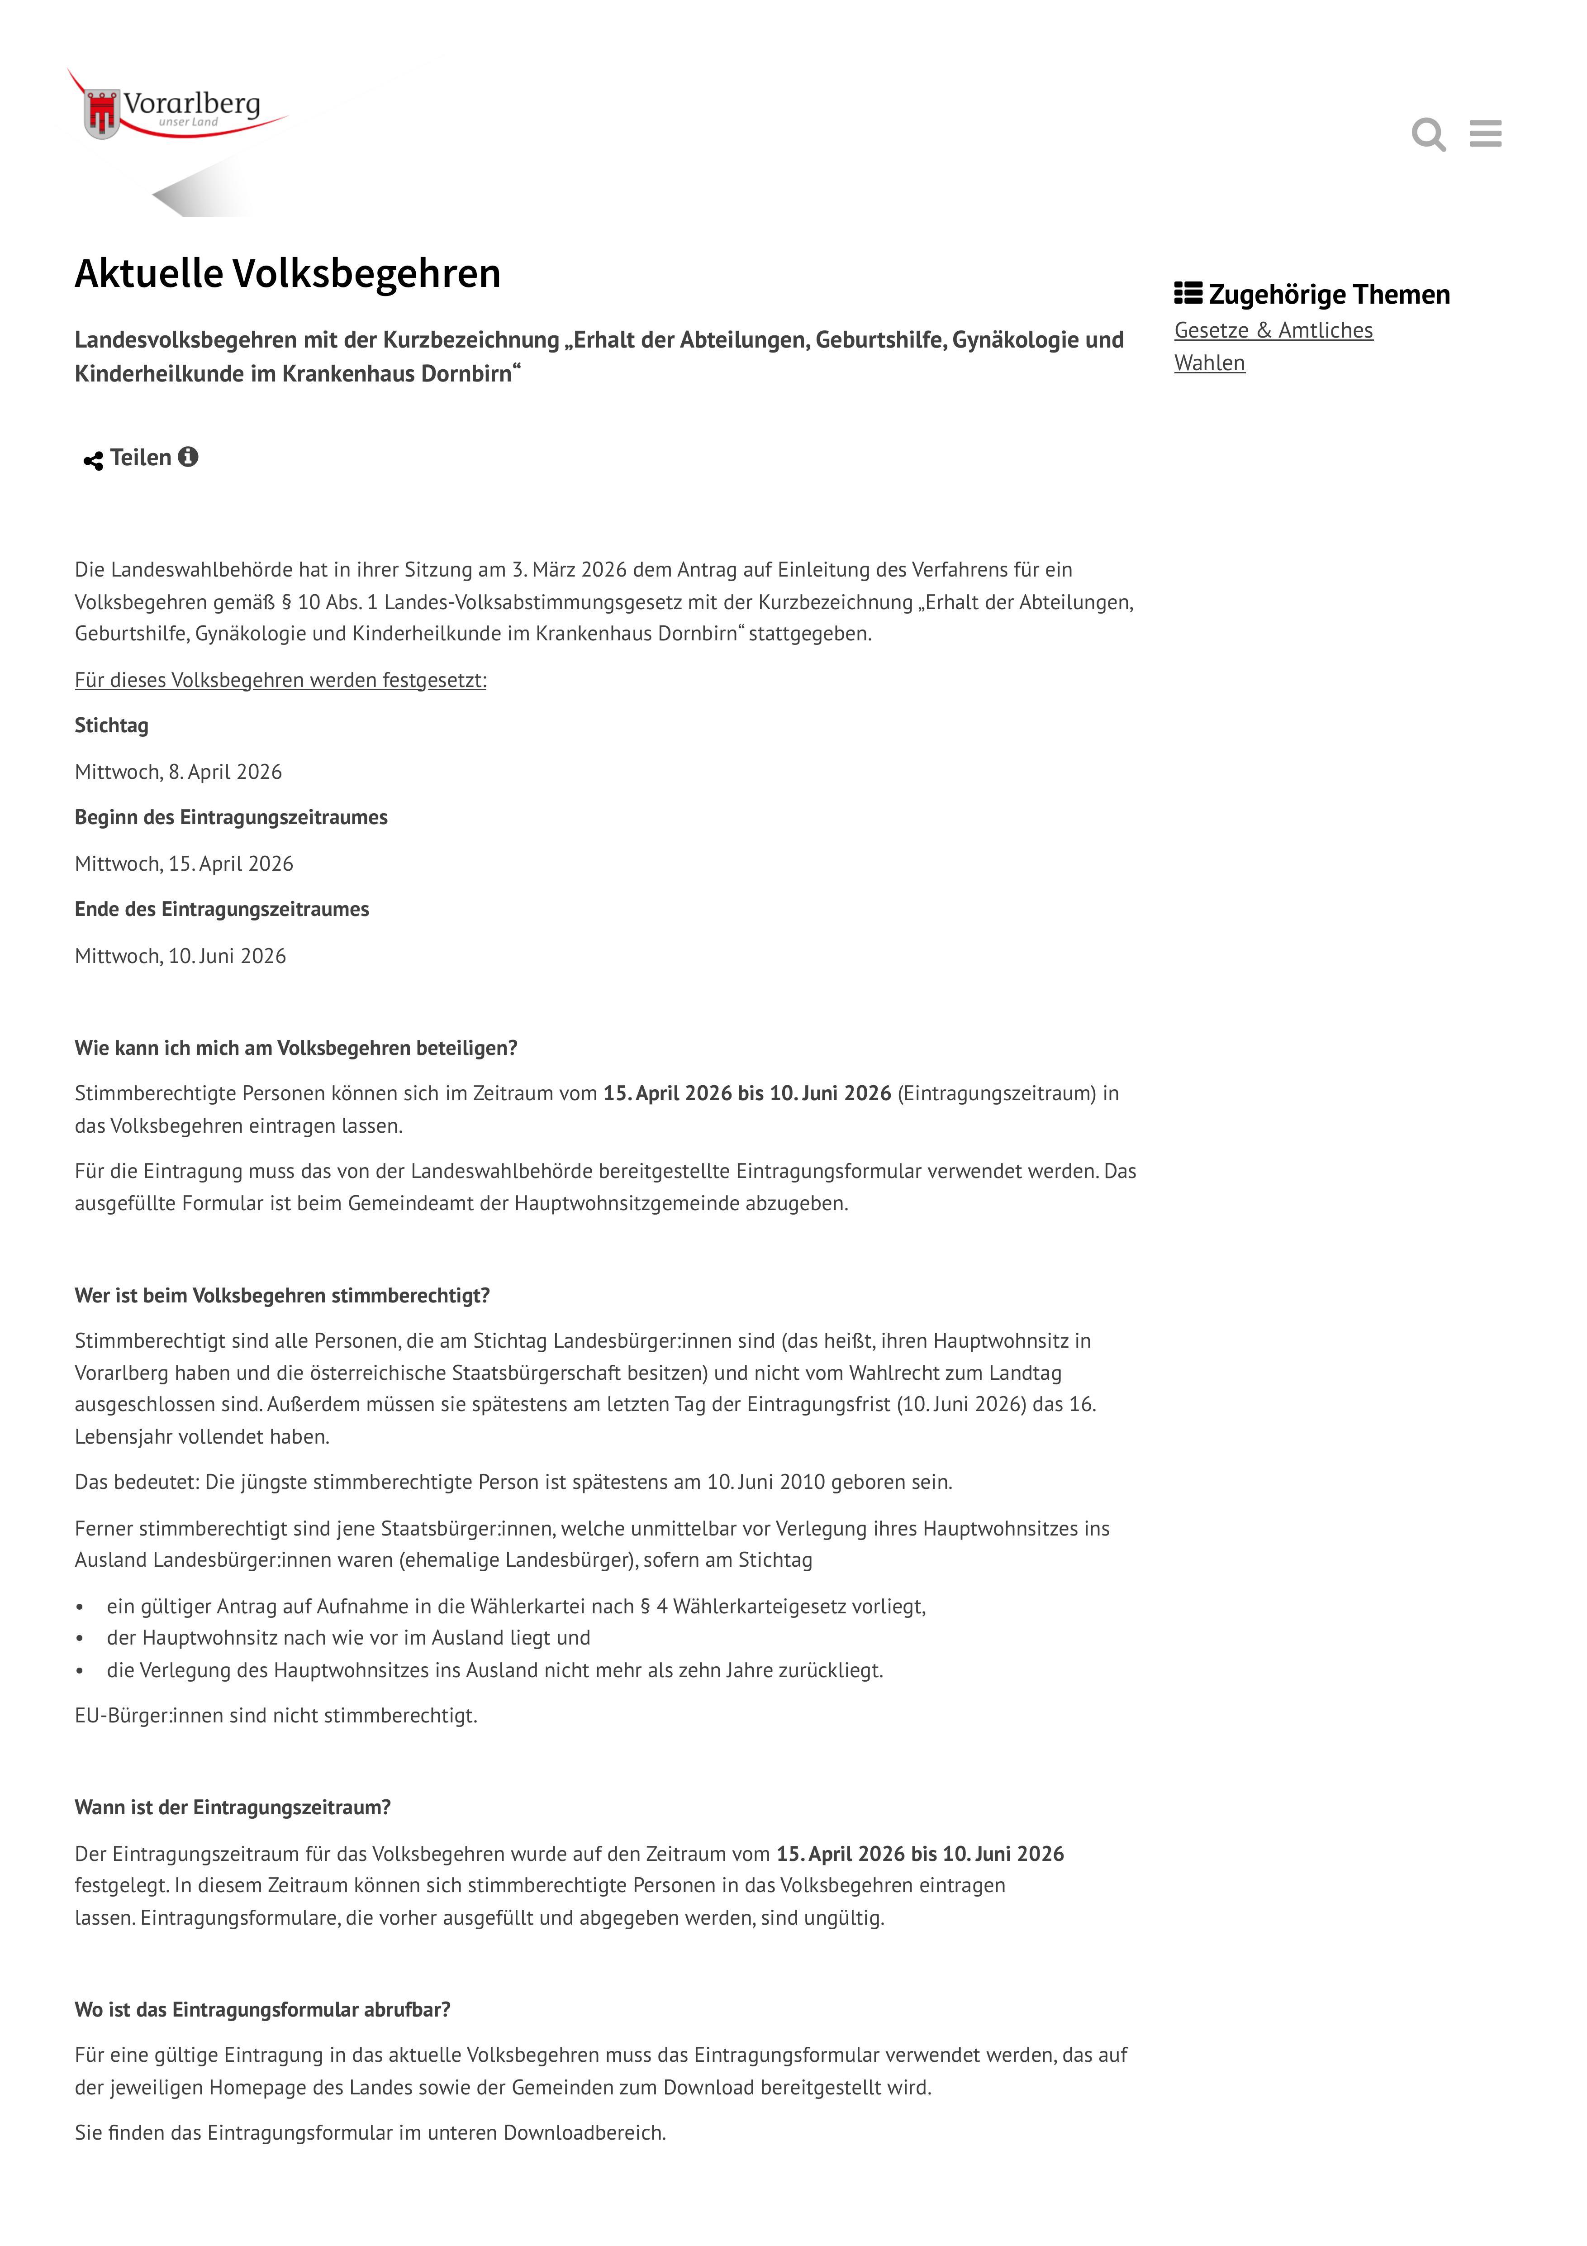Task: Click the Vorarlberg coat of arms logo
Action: [x=102, y=113]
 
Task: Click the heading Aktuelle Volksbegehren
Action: [x=287, y=274]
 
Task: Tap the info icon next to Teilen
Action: [x=188, y=457]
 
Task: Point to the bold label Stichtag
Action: [x=111, y=726]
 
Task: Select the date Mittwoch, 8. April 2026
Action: [x=178, y=772]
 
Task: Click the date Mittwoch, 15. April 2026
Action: [x=184, y=864]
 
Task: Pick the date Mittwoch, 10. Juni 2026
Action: [x=180, y=956]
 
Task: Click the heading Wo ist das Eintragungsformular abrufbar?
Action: [x=262, y=2009]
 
